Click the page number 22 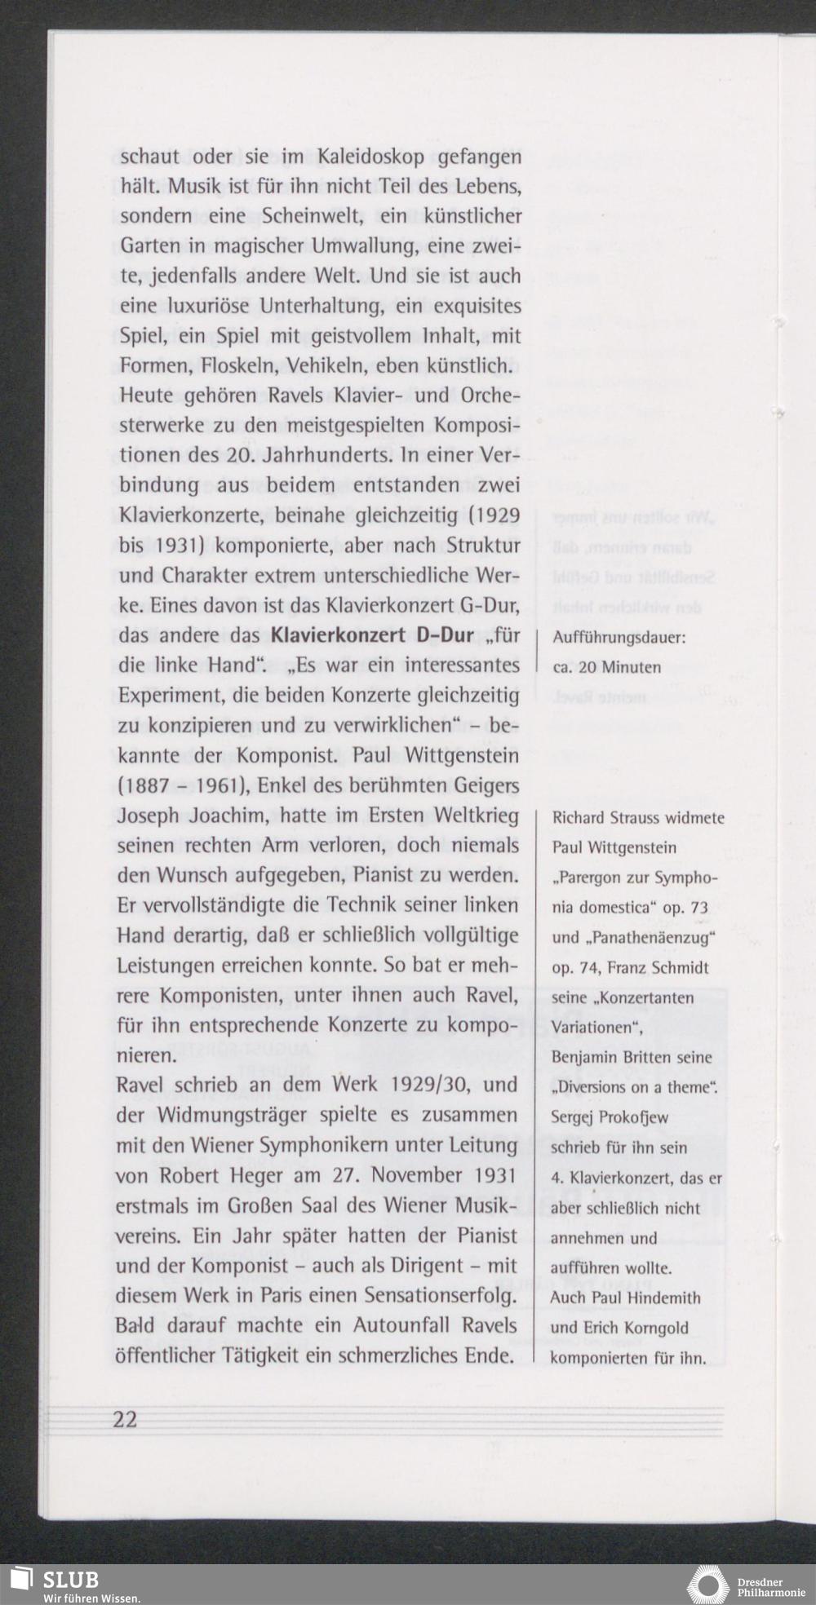click(126, 1420)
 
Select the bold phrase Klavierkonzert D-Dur click(372, 635)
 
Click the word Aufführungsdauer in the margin click(619, 637)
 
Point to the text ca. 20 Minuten click(606, 667)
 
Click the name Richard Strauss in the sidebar click(606, 818)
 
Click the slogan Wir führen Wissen click(91, 1598)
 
